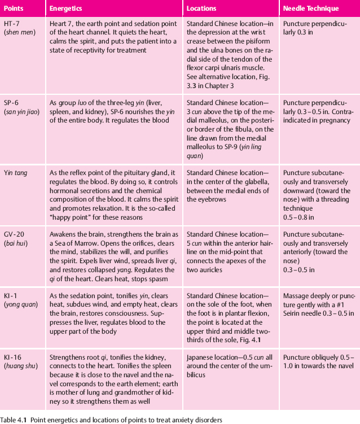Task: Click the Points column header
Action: click(14, 9)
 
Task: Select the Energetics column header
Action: click(67, 9)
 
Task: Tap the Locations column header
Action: click(203, 9)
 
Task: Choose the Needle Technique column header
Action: click(311, 9)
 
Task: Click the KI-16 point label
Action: click(13, 356)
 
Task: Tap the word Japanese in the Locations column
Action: click(200, 356)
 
